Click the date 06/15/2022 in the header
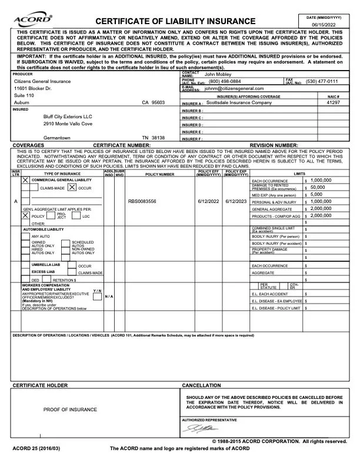click(x=324, y=25)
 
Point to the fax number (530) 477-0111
click(x=322, y=81)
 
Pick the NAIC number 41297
click(x=333, y=102)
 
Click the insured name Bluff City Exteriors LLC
click(x=68, y=116)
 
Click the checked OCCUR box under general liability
click(x=72, y=187)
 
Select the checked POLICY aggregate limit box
click(x=25, y=215)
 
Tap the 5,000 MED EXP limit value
click(x=316, y=194)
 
